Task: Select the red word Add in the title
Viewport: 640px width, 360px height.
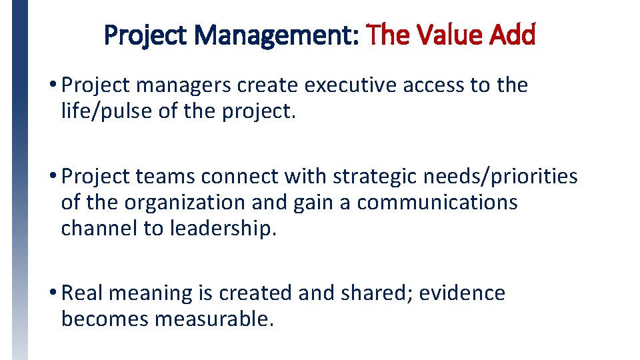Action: (x=512, y=34)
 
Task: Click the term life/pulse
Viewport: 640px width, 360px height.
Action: (x=107, y=110)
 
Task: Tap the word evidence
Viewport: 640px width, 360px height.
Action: (x=462, y=293)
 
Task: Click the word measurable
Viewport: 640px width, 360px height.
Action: (x=214, y=319)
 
